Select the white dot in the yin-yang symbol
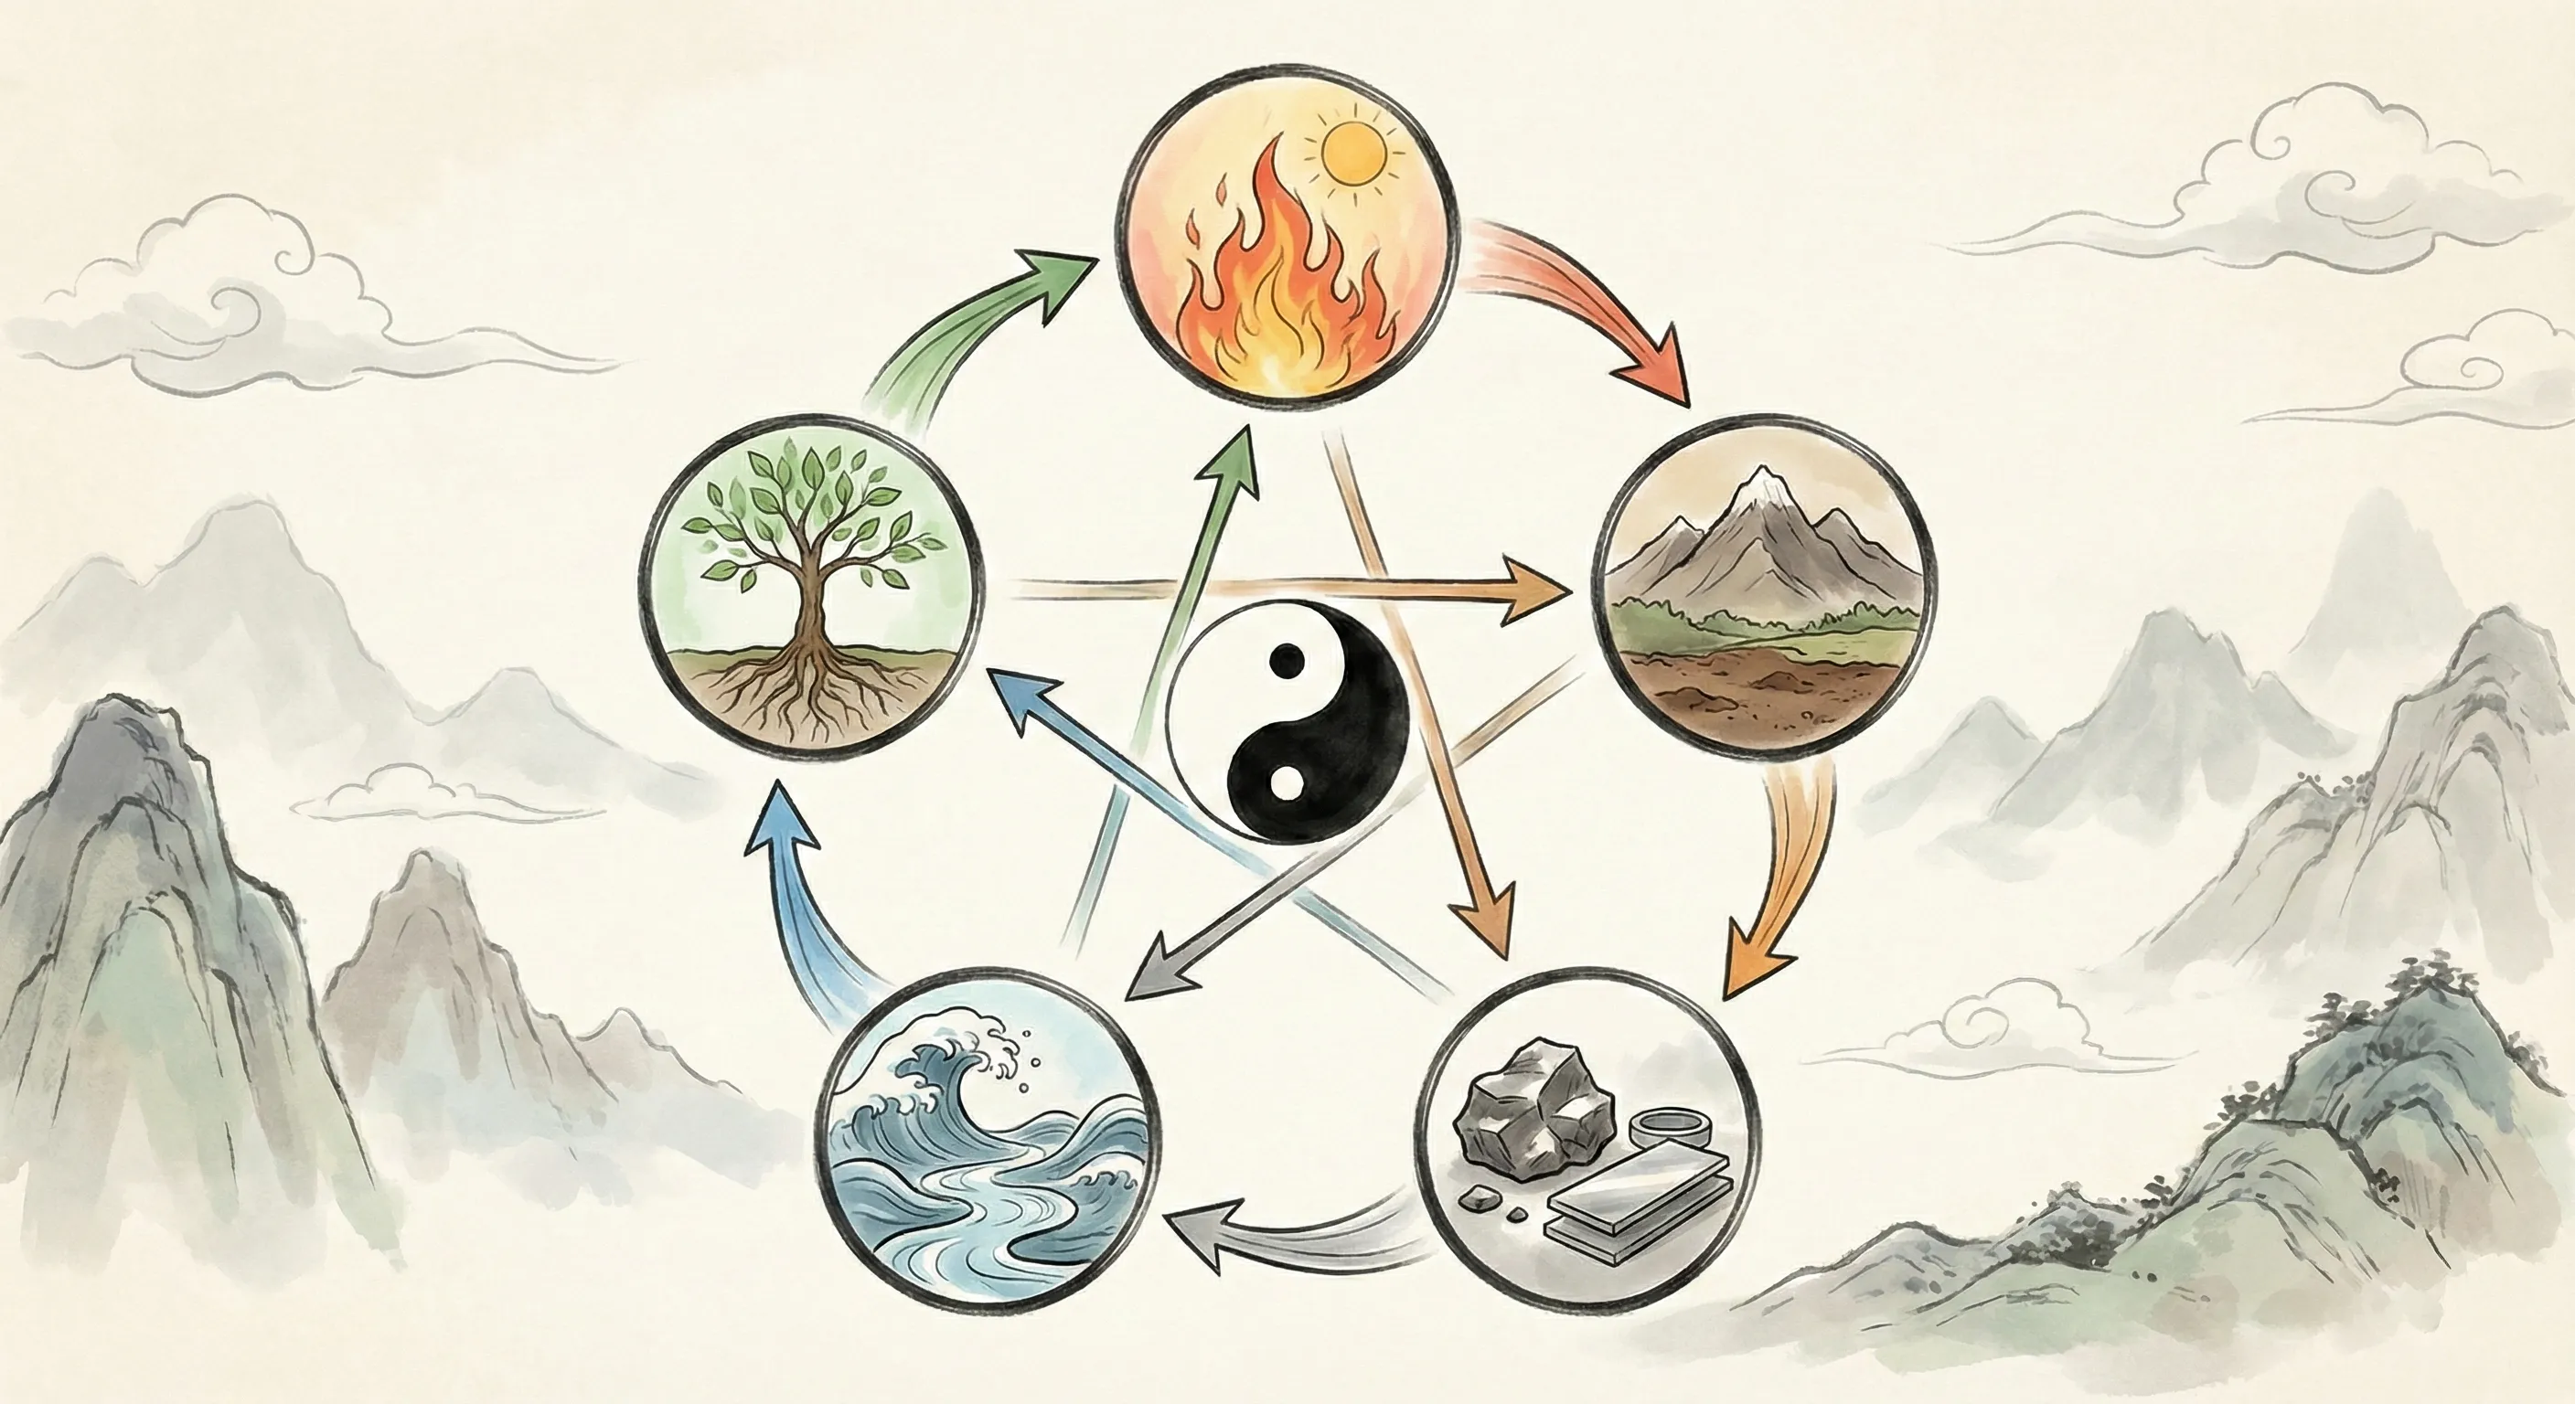[1287, 782]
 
